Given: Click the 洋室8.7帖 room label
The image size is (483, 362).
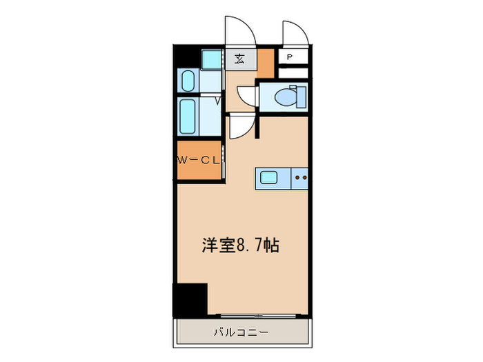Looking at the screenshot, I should click(x=240, y=245).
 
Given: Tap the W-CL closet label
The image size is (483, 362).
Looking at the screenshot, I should click(x=198, y=161).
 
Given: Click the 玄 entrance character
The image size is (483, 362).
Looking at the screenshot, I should click(x=240, y=58).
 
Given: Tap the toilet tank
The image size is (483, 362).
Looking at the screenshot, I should click(x=297, y=97).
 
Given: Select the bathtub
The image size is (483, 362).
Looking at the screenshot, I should click(x=188, y=117).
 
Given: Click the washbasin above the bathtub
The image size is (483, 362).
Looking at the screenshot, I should click(x=187, y=81).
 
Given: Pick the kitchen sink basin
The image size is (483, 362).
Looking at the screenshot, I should click(x=269, y=178).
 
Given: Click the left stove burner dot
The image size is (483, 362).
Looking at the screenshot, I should click(x=297, y=178).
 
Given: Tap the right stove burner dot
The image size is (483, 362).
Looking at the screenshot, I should click(x=304, y=178).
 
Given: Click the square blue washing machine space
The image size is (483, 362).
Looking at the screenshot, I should click(x=212, y=59).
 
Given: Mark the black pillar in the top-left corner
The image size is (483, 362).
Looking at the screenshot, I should click(x=184, y=55).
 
